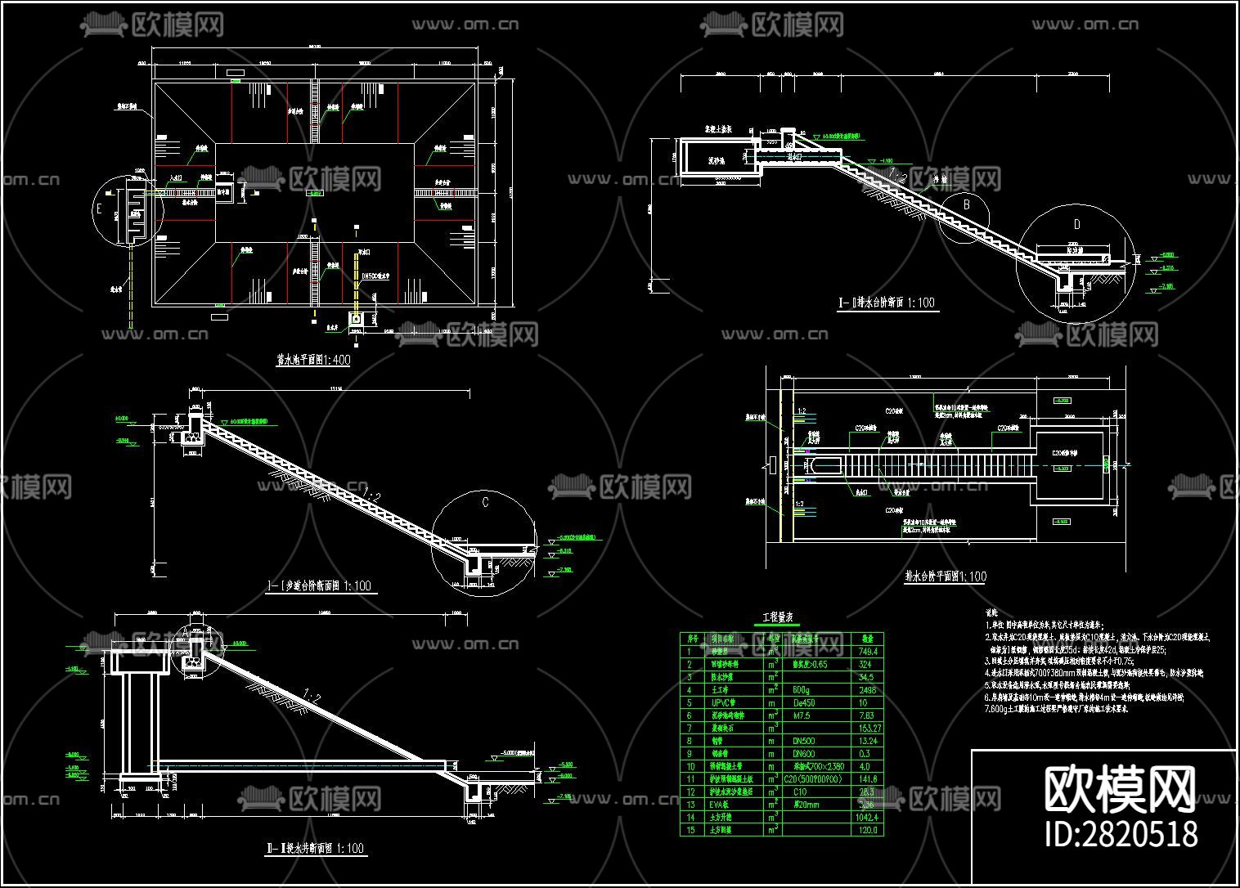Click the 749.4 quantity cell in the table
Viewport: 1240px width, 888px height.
pos(867,652)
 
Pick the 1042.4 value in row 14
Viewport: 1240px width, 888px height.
pos(867,817)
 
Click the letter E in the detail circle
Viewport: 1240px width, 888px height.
pos(99,210)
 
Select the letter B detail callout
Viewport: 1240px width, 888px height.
pos(966,204)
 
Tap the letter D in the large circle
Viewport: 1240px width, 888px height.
pos(1076,224)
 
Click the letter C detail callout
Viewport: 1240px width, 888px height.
pos(485,502)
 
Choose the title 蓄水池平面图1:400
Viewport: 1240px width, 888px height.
pos(312,361)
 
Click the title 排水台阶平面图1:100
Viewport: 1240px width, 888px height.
pos(946,576)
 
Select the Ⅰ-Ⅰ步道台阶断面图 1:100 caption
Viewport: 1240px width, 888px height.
pos(319,585)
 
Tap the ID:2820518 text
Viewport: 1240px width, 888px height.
pos(1121,833)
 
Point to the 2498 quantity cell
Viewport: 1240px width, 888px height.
pos(867,690)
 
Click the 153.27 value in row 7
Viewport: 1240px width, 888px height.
pos(867,728)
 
